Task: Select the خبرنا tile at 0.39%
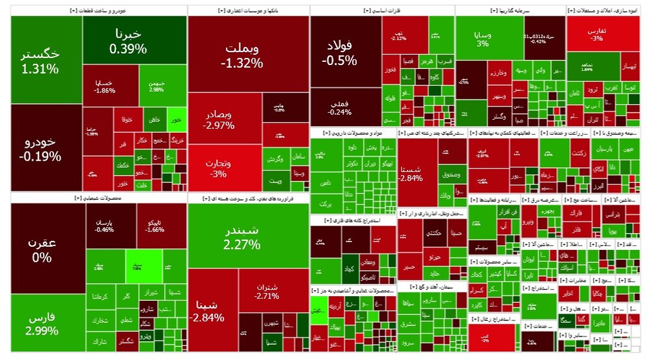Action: [x=128, y=40]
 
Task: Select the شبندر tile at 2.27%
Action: [x=242, y=237]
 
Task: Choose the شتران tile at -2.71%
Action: [x=268, y=291]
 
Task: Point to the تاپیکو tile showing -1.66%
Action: [x=154, y=225]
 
